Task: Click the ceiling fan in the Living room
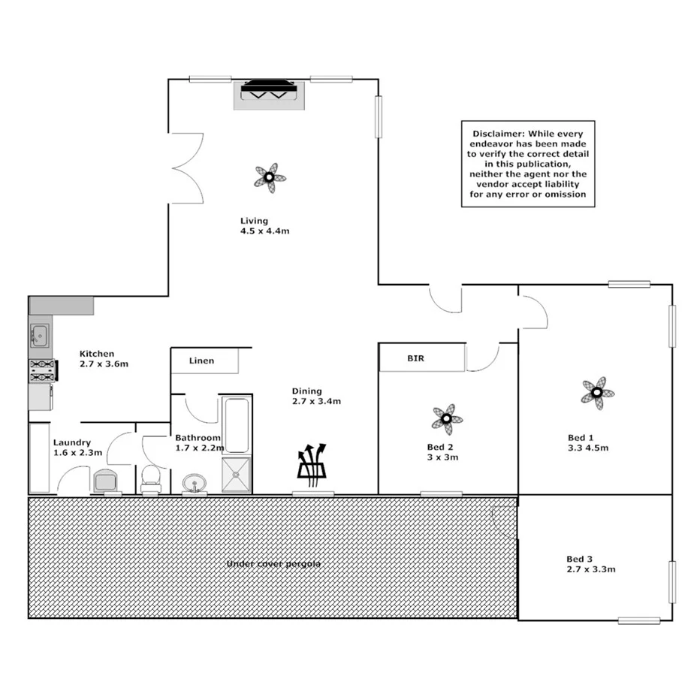tap(269, 178)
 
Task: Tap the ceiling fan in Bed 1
tap(597, 392)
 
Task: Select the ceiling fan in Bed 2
tap(447, 418)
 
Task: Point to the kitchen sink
tap(39, 335)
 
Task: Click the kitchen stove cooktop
tap(41, 370)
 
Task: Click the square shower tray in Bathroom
tap(237, 475)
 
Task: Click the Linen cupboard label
tap(201, 361)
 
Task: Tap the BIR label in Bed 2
tap(416, 359)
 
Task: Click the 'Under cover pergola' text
tap(273, 563)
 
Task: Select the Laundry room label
tap(71, 443)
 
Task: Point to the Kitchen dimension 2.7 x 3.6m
tap(104, 364)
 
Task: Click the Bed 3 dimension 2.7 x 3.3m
tap(591, 569)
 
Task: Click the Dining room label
tap(306, 391)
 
